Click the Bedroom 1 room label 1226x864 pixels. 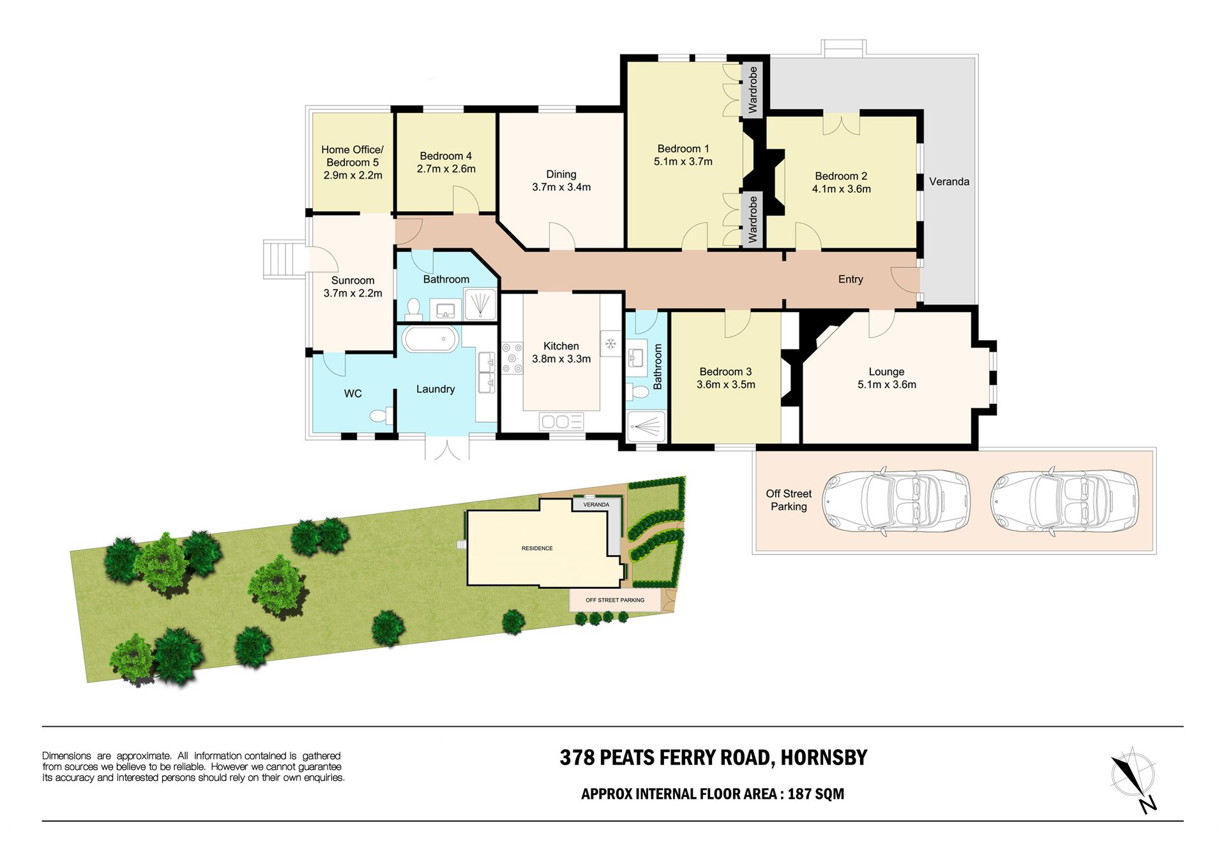[683, 149]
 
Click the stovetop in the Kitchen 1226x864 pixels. [512, 358]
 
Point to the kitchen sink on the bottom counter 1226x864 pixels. [561, 421]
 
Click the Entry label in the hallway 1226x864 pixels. [851, 279]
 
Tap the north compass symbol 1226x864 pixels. [1134, 780]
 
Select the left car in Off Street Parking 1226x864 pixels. [896, 501]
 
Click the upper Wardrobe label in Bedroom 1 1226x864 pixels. [753, 90]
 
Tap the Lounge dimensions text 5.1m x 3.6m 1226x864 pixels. [887, 385]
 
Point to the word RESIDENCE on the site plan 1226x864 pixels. [537, 548]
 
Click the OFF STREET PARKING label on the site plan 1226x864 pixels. [615, 600]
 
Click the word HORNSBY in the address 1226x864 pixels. [824, 757]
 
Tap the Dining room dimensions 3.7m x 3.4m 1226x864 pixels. [561, 187]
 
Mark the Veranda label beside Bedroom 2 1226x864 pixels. [949, 182]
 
